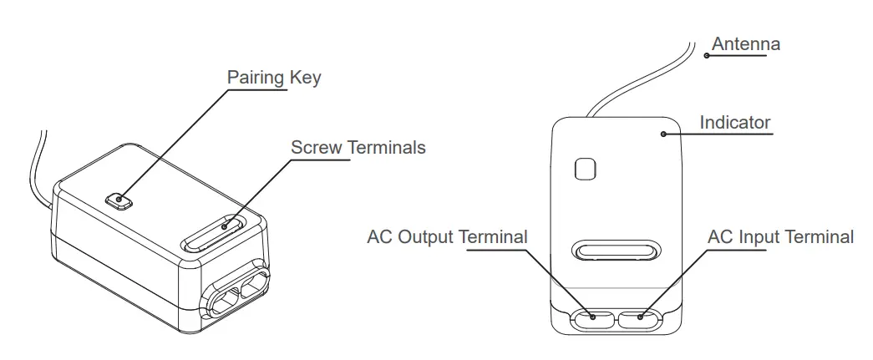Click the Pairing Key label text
pyautogui.click(x=274, y=78)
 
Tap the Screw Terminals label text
pyautogui.click(x=358, y=148)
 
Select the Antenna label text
pyautogui.click(x=745, y=43)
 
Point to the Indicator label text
pyautogui.click(x=734, y=123)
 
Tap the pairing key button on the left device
pyautogui.click(x=120, y=200)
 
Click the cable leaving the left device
pyautogui.click(x=38, y=167)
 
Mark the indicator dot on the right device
pyautogui.click(x=662, y=132)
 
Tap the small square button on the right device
pyautogui.click(x=586, y=168)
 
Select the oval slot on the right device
pyautogui.click(x=616, y=251)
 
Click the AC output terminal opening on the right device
pyautogui.click(x=592, y=317)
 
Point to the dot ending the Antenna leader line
pyautogui.click(x=707, y=56)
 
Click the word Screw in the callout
pyautogui.click(x=316, y=148)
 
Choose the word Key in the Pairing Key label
pyautogui.click(x=304, y=79)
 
